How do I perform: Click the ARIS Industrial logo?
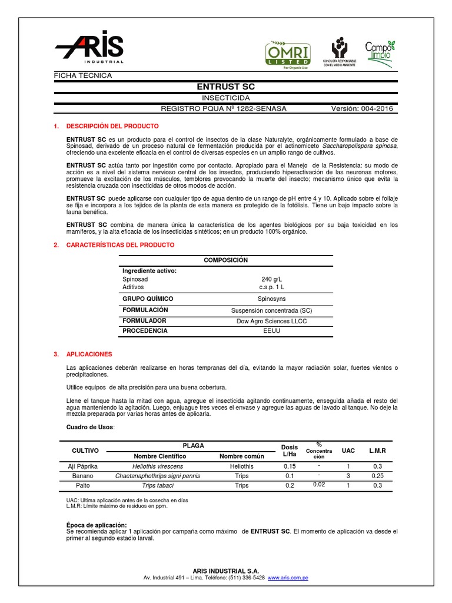[x=89, y=47]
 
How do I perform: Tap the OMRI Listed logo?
[x=287, y=54]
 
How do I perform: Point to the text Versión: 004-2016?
[x=362, y=109]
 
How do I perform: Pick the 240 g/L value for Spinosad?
[x=271, y=279]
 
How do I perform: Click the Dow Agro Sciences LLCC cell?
[x=271, y=321]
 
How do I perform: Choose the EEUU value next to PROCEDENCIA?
[x=271, y=331]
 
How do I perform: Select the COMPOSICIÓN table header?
[x=225, y=260]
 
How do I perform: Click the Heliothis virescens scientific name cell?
[x=158, y=466]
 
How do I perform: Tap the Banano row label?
[x=82, y=476]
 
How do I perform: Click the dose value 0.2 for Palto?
[x=290, y=486]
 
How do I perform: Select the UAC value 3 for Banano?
[x=348, y=476]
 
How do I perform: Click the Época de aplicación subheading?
[x=97, y=525]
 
